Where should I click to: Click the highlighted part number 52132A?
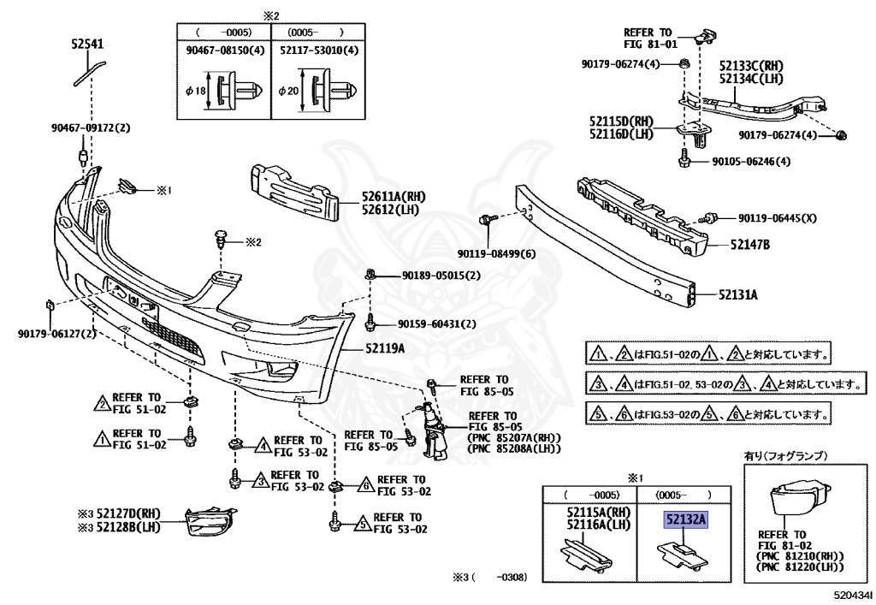(x=687, y=519)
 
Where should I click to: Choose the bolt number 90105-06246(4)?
(x=748, y=162)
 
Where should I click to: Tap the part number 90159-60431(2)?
(x=437, y=323)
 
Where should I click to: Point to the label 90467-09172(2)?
(x=91, y=128)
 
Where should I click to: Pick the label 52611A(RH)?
(x=393, y=197)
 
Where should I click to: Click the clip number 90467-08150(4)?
(x=225, y=50)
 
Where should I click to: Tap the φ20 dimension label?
(x=287, y=90)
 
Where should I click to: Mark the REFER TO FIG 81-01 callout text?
(x=651, y=38)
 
